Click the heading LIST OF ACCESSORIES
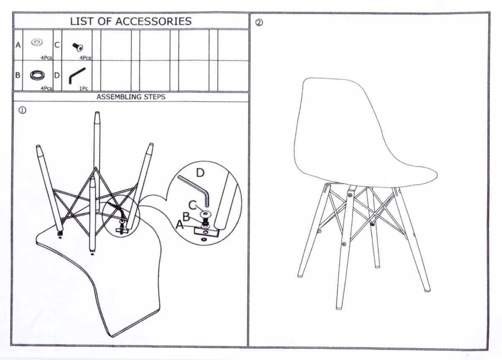click(131, 21)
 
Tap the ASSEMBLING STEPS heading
click(131, 97)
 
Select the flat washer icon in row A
click(37, 42)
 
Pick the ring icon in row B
click(37, 75)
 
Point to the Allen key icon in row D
click(77, 75)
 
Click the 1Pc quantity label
click(84, 89)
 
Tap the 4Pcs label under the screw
click(85, 58)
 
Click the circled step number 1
click(23, 111)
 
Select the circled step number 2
click(259, 23)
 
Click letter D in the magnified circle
click(200, 173)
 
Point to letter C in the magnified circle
click(192, 205)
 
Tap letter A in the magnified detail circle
click(180, 224)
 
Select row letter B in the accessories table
click(18, 75)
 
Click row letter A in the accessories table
click(18, 45)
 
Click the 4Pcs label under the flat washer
click(46, 58)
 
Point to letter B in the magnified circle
click(186, 216)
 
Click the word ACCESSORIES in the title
click(154, 21)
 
